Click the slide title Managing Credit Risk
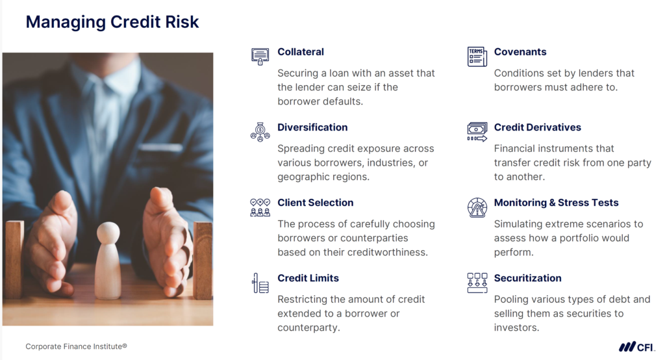point(112,22)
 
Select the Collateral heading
point(301,52)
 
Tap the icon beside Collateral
point(260,56)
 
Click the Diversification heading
point(312,127)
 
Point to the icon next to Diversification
point(260,131)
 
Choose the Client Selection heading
point(316,203)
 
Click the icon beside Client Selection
point(260,207)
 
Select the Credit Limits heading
point(308,278)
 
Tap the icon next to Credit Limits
point(260,283)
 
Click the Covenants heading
point(520,52)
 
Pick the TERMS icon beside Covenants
point(477,57)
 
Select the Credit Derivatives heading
point(538,127)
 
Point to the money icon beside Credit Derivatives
point(477,131)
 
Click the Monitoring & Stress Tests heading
point(557,203)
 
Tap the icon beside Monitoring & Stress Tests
point(477,207)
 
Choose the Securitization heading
point(528,278)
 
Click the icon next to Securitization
point(477,283)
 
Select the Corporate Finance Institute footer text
point(76,346)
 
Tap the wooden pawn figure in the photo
point(108,260)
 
